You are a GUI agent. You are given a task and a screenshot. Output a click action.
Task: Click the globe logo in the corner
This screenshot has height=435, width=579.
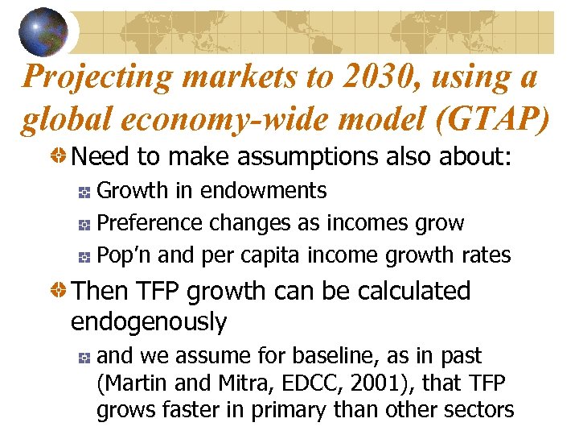pyautogui.click(x=43, y=31)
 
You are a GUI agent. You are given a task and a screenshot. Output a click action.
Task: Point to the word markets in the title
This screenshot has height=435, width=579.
pyautogui.click(x=242, y=77)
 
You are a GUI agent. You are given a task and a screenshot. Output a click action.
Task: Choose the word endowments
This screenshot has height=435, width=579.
pyautogui.click(x=264, y=191)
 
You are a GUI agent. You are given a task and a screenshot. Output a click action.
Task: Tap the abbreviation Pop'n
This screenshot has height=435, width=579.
pyautogui.click(x=125, y=255)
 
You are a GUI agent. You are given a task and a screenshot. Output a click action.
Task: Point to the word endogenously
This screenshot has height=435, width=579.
pyautogui.click(x=149, y=321)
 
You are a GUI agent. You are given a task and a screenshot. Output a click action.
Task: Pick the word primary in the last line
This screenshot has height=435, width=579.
pyautogui.click(x=281, y=410)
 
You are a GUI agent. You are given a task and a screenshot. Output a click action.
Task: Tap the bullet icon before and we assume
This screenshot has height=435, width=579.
pyautogui.click(x=84, y=357)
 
